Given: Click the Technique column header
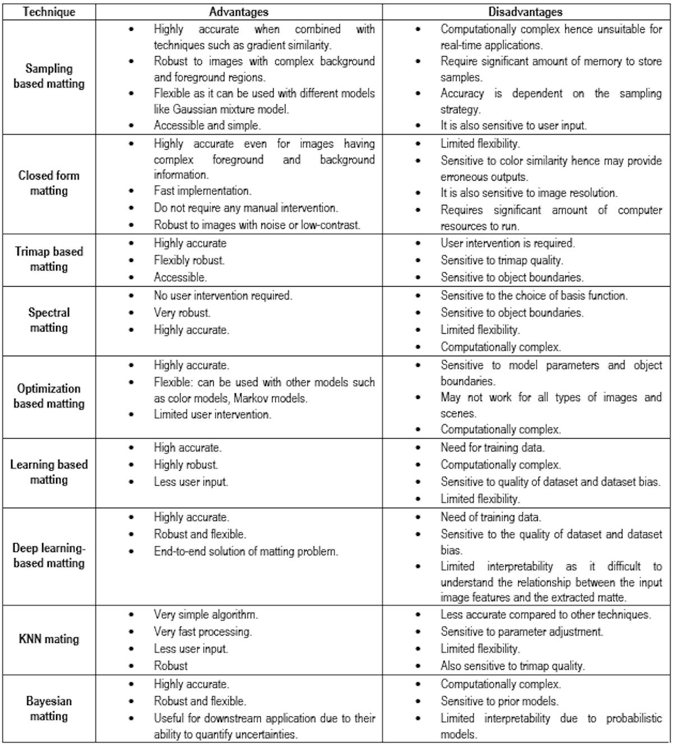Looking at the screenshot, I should pos(48,12).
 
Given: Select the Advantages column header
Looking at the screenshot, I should pos(238,12).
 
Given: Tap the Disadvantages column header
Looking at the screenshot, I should pos(525,12).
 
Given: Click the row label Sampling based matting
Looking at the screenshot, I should pos(49,76).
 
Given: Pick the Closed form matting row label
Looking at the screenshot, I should pos(49,183).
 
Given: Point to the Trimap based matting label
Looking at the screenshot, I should pos(49,259).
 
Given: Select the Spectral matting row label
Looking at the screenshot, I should pos(49,320).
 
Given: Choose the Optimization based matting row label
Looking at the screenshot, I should pos(49,396).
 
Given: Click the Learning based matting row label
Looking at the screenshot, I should pos(49,472).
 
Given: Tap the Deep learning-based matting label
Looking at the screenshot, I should pos(49,555).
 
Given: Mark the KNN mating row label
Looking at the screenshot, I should pos(49,639).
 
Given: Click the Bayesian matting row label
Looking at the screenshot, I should pos(49,709).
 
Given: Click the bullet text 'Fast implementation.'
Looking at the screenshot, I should pos(202,191).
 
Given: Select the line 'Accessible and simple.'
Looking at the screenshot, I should pos(208,126).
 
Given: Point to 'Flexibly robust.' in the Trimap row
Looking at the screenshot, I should pos(189,260).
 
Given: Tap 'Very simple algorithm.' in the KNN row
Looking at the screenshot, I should pos(206,614).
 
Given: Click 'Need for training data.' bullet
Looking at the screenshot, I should pos(492,448).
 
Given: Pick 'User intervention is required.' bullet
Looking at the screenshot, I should pos(508,243).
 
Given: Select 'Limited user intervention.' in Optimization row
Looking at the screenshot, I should pos(213,415).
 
